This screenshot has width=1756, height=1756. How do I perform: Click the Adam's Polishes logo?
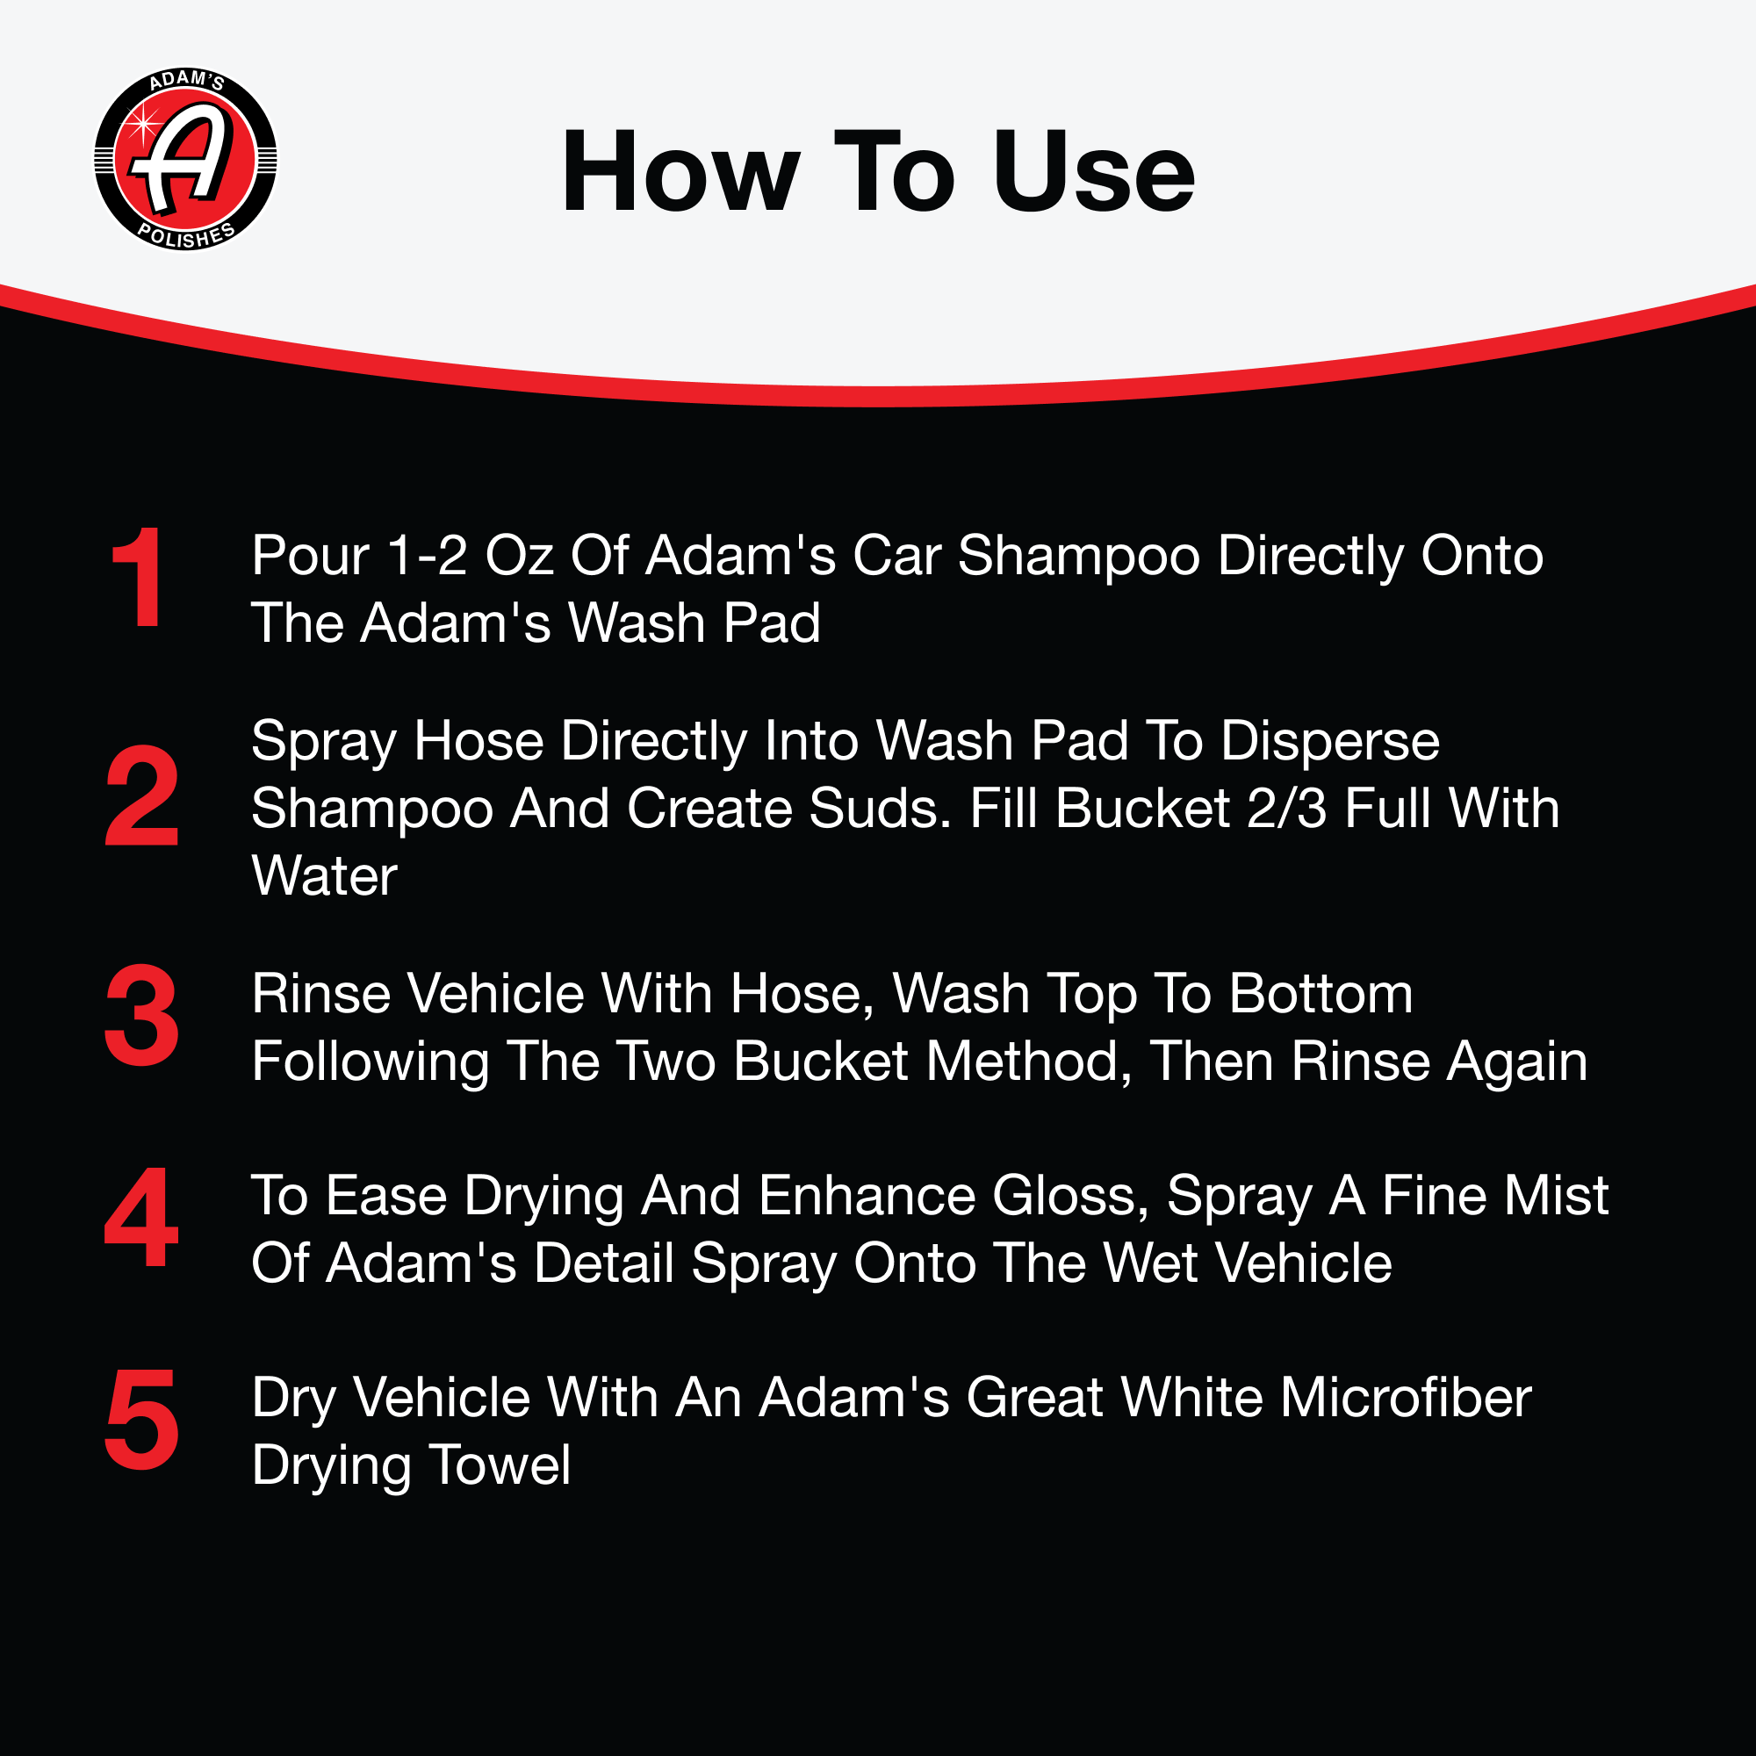(x=185, y=159)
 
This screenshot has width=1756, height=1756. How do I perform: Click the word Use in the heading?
(x=1093, y=172)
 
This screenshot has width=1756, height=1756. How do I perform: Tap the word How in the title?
(x=680, y=172)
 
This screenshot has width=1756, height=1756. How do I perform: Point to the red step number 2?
(x=141, y=795)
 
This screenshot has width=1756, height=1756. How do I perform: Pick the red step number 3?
(x=141, y=1015)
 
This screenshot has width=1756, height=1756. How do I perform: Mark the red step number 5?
(x=141, y=1420)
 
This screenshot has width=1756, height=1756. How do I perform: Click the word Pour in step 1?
(x=311, y=556)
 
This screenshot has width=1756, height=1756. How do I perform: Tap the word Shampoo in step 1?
(x=1079, y=558)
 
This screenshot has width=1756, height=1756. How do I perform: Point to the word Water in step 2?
(x=325, y=876)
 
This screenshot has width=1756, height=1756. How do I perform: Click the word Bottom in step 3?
(x=1321, y=993)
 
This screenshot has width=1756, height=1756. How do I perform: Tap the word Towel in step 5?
(x=500, y=1465)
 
